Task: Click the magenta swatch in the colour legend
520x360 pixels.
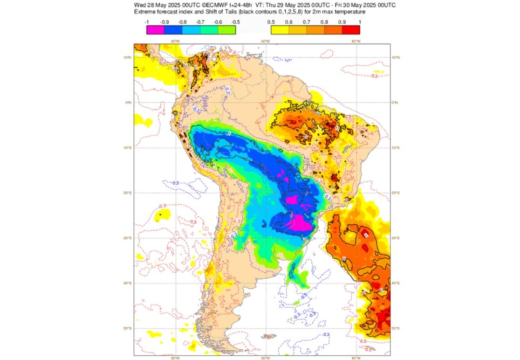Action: pyautogui.click(x=155, y=30)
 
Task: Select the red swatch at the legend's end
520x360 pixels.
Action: pyautogui.click(x=351, y=30)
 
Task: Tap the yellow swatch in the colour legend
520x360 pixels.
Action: pyautogui.click(x=278, y=30)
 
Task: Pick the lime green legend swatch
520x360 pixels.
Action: pyautogui.click(x=228, y=30)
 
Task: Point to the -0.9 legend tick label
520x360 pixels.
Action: pyautogui.click(x=165, y=22)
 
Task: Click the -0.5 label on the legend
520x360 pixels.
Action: pyautogui.click(x=236, y=22)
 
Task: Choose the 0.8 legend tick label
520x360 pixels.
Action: pyautogui.click(x=324, y=22)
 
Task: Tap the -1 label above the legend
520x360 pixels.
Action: pyautogui.click(x=147, y=22)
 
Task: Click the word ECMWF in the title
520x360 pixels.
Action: pyautogui.click(x=213, y=4)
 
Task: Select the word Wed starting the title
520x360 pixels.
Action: pyautogui.click(x=140, y=4)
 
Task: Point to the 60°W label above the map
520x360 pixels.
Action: pyautogui.click(x=265, y=41)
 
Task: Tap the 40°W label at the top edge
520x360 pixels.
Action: pyautogui.click(x=355, y=41)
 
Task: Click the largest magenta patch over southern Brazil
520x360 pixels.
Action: pyautogui.click(x=298, y=222)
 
